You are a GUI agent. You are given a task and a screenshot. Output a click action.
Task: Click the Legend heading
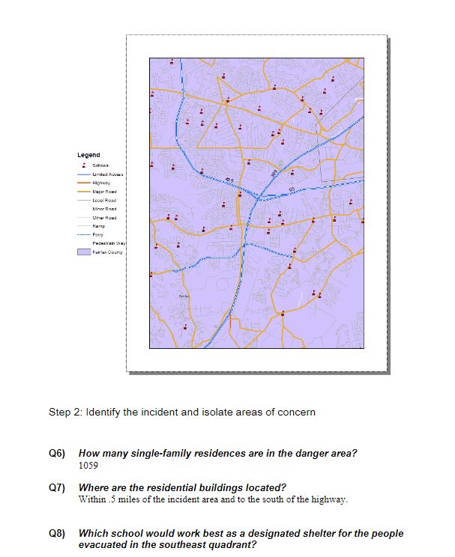88,155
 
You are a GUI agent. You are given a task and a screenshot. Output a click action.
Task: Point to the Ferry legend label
97,234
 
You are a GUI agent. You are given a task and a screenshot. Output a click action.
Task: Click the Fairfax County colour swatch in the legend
83,252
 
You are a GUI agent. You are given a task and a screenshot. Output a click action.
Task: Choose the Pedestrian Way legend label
106,243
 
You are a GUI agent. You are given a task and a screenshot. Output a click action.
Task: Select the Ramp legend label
97,226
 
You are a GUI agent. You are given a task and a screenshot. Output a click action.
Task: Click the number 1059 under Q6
88,466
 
